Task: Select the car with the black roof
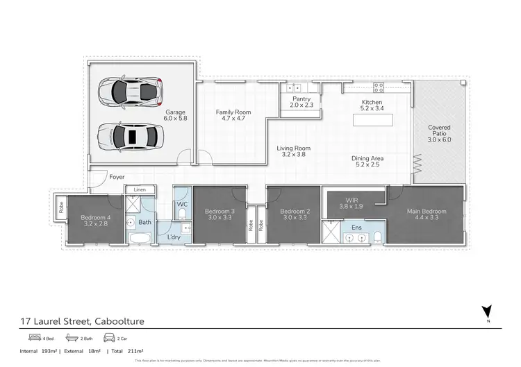(x=130, y=135)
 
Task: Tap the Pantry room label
(x=299, y=101)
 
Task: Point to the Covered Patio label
(x=439, y=132)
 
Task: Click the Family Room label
(x=233, y=115)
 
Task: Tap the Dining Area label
(x=367, y=162)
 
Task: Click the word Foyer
(x=117, y=178)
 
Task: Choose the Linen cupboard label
(x=140, y=189)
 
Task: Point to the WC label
(x=182, y=205)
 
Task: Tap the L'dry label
(x=175, y=238)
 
